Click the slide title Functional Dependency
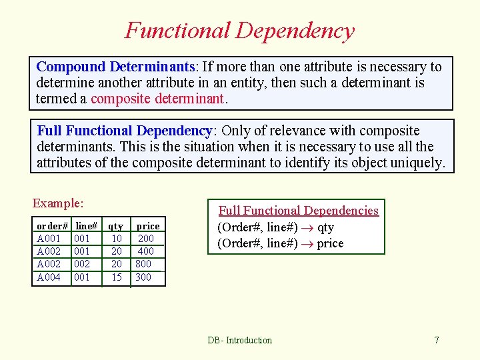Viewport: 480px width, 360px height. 239,31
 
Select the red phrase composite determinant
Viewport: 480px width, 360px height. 158,99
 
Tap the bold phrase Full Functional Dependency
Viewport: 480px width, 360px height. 124,131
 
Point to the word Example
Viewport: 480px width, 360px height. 57,203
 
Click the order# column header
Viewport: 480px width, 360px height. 52,226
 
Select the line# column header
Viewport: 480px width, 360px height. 86,226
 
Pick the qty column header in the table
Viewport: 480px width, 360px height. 116,226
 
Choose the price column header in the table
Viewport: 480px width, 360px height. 147,226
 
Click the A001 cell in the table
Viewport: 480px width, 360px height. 49,239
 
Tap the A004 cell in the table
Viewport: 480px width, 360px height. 49,277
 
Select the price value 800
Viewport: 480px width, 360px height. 143,264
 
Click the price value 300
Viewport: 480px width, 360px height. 143,277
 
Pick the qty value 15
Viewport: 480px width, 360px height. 117,277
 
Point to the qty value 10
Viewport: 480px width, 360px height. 117,239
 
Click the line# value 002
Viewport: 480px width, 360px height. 82,264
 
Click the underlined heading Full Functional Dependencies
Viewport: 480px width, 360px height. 298,211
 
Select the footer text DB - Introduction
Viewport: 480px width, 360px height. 239,340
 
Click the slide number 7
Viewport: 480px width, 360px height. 437,340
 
